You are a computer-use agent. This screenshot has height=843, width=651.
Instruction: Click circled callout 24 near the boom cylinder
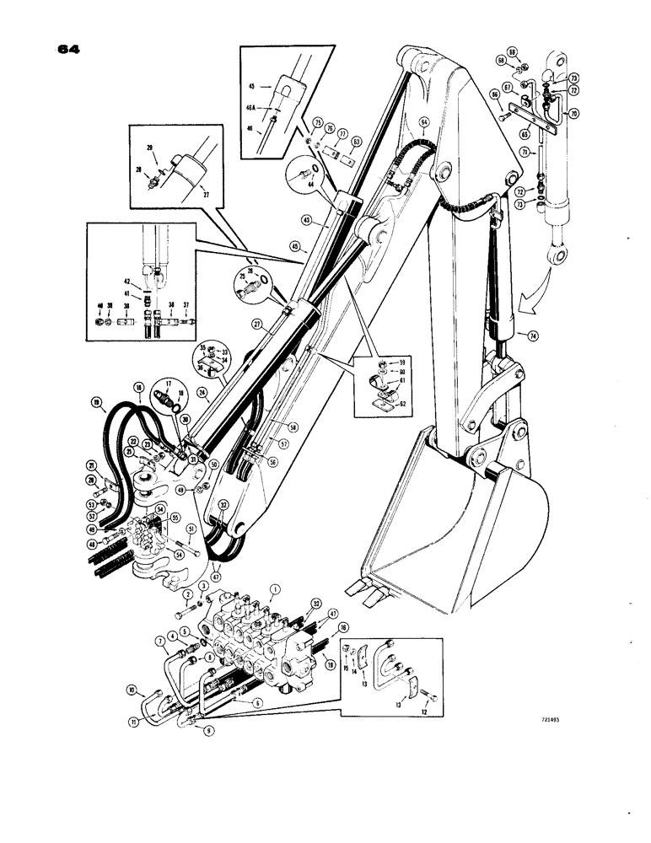202,392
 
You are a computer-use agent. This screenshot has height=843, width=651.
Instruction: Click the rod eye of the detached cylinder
556,254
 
